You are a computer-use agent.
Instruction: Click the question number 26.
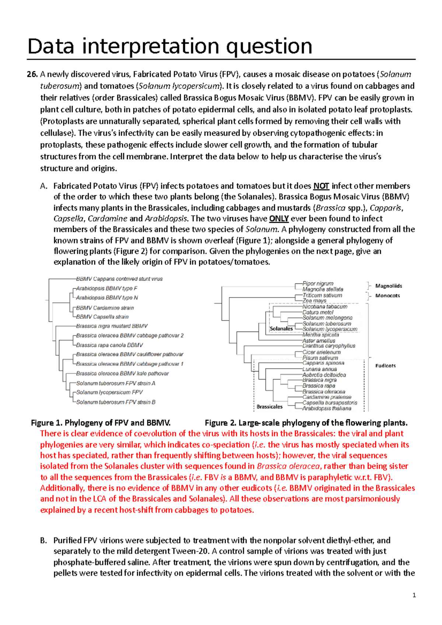pos(32,75)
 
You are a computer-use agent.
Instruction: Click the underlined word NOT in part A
pos(321,186)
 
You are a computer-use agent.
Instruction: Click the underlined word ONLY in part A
pos(279,219)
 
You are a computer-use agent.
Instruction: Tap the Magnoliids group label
pos(388,286)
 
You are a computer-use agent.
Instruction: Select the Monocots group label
pos(387,296)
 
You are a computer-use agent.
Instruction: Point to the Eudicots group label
pos(385,366)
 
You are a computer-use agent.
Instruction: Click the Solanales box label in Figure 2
pos(281,329)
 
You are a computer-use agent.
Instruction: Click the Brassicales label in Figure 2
pos(270,407)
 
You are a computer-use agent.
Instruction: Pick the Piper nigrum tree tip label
pos(318,283)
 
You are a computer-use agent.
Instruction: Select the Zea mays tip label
pos(314,301)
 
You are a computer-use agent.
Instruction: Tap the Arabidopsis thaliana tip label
pos(327,409)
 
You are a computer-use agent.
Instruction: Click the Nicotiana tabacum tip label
pos(325,307)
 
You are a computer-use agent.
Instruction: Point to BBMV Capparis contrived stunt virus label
pos(119,279)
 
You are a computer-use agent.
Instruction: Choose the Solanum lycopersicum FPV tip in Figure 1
pos(109,392)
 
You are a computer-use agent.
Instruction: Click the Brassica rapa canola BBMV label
pos(109,345)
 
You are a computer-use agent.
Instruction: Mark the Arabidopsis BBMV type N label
pos(107,298)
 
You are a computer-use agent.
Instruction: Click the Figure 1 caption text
pos(101,423)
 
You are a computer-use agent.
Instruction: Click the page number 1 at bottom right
pos(414,595)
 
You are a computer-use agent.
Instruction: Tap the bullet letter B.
pos(43,541)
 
